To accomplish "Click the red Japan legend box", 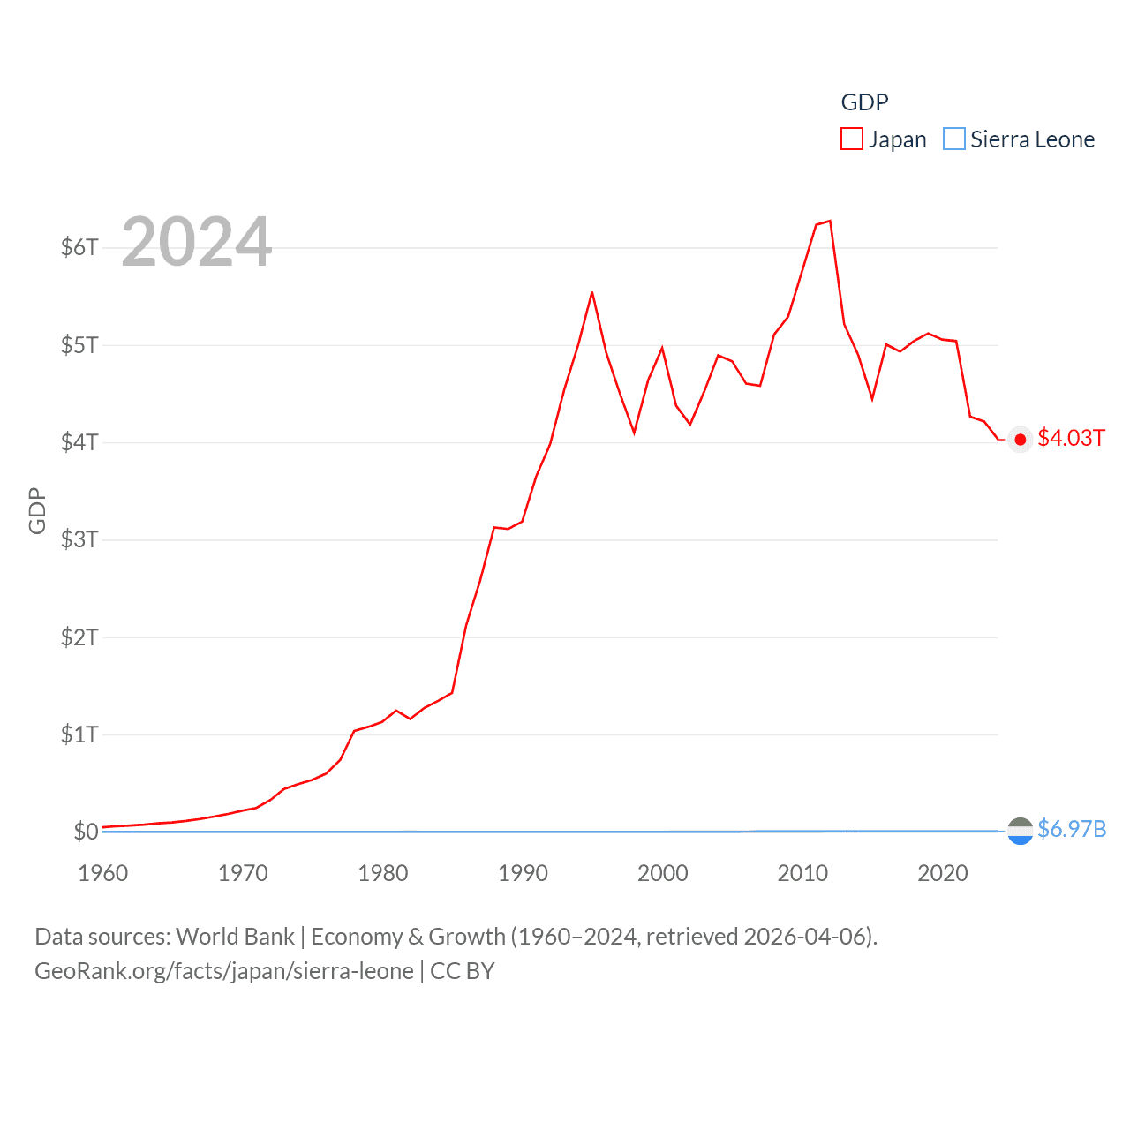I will pos(851,139).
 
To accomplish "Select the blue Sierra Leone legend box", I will pos(953,139).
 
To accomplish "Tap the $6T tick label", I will pos(79,247).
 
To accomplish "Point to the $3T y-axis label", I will pos(79,539).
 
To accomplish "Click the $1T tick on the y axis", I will pos(79,734).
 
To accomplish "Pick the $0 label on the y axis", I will pos(86,832).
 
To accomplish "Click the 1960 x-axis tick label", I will pos(103,873).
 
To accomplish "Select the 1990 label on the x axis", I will pos(523,873).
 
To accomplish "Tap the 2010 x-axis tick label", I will pos(802,873).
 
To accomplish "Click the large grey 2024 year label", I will pos(196,242).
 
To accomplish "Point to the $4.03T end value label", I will pos(1071,439).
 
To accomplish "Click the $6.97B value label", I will pos(1072,829).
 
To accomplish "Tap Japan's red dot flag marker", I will pos(1020,440).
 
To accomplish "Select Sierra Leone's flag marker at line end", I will pos(1020,831).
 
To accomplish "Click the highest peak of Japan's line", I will pos(830,221).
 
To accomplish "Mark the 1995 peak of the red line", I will pos(591,292).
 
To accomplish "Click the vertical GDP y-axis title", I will pos(37,510).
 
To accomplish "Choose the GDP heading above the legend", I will pos(864,102).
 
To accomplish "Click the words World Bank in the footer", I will pos(235,936).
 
